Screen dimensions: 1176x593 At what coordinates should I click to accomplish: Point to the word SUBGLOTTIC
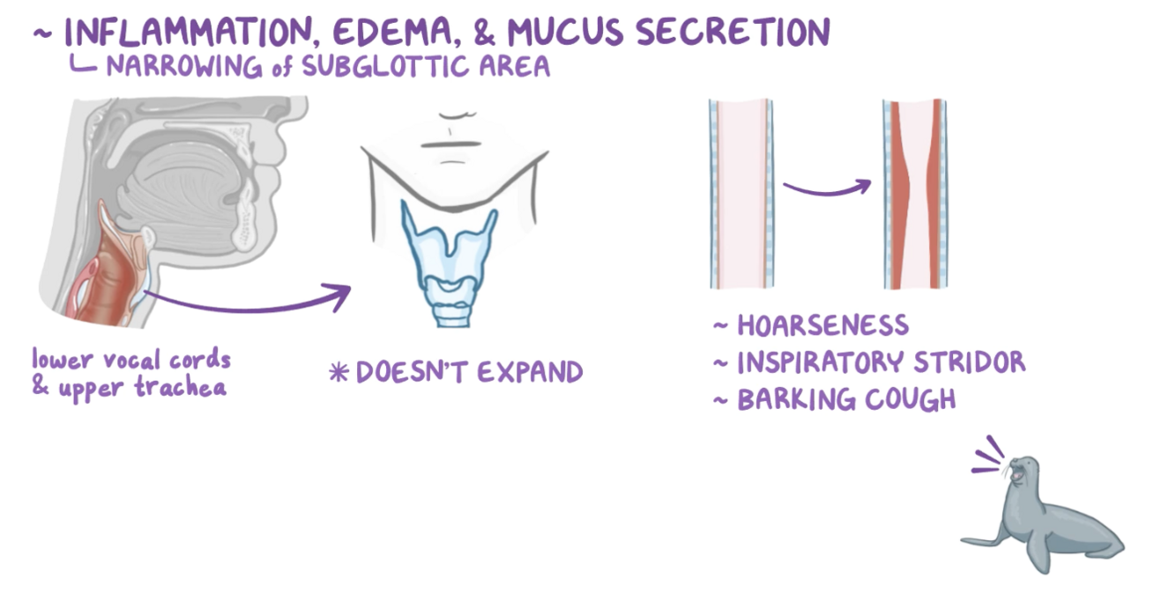tap(380, 66)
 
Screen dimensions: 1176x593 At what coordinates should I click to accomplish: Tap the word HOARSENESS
tap(822, 325)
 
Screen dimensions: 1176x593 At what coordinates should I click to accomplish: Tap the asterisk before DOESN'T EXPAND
tap(339, 373)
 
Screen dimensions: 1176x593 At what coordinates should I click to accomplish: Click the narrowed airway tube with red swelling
tap(916, 194)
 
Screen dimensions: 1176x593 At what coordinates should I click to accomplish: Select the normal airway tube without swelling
tap(741, 194)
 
